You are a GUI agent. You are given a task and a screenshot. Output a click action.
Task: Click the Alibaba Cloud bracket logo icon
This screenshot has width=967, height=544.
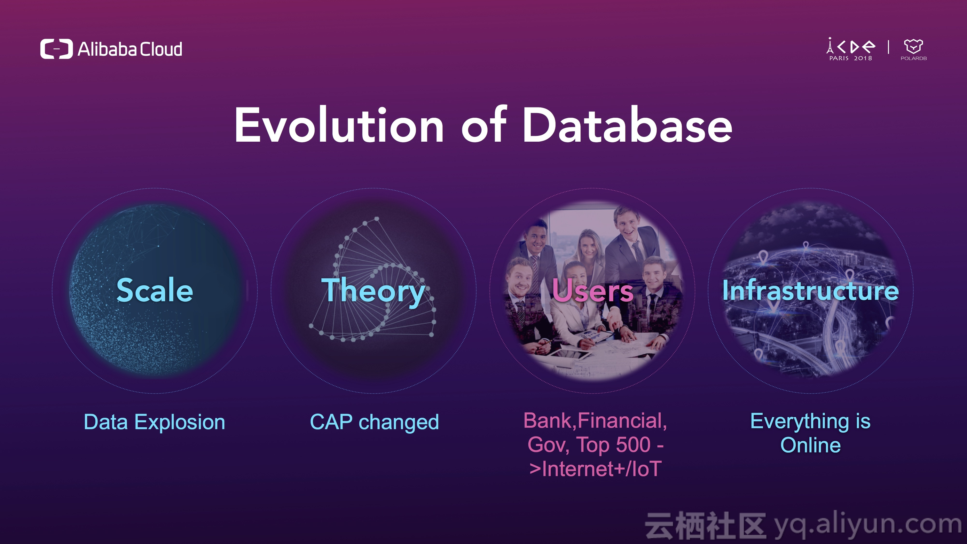[56, 49]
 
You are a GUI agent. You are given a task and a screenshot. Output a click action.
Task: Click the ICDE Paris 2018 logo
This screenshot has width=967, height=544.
[851, 49]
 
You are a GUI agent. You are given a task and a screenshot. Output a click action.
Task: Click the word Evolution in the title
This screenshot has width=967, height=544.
[339, 125]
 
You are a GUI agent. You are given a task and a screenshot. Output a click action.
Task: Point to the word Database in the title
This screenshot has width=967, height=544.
[628, 125]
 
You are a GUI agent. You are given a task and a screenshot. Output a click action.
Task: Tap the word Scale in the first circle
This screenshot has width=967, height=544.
[155, 290]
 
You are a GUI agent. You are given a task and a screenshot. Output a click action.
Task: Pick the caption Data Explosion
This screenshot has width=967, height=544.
[154, 422]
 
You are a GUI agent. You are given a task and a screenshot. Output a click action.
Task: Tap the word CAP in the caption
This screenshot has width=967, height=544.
[331, 422]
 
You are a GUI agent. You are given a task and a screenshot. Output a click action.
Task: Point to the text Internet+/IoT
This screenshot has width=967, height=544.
[595, 469]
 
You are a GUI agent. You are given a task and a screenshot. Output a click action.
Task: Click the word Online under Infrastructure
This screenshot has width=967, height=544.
[810, 445]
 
